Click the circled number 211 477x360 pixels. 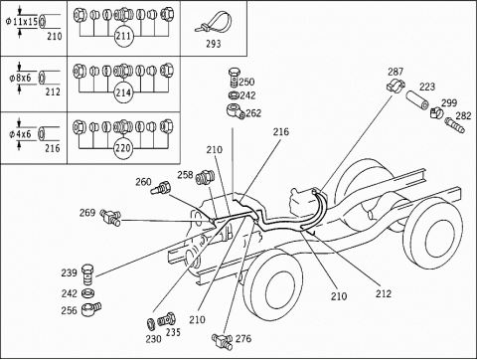coord(123,36)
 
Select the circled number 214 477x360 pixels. coord(123,92)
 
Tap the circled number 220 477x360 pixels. coord(123,148)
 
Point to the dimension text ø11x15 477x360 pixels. coord(22,22)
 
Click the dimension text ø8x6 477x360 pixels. coord(20,78)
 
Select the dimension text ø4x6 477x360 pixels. coord(20,134)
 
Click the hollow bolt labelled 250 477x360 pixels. coord(234,78)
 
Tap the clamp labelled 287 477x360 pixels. coord(396,86)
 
